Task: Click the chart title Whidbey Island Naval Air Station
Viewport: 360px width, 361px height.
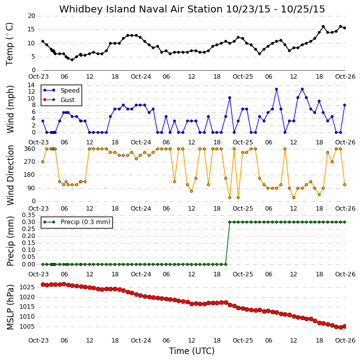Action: (141, 9)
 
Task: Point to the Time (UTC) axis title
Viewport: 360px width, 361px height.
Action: (192, 351)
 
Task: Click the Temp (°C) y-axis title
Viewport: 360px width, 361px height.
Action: (9, 44)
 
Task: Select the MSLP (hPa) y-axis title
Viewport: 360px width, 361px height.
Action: (10, 307)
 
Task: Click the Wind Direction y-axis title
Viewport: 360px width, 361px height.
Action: (10, 175)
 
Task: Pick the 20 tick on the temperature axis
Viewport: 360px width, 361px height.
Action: (31, 16)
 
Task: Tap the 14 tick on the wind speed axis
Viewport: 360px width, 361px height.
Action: (31, 85)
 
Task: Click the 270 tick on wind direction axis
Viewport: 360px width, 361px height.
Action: (30, 162)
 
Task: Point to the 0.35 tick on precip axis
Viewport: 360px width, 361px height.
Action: (28, 215)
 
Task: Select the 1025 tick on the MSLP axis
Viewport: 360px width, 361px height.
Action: (27, 287)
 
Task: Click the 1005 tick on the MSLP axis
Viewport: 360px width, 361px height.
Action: (27, 327)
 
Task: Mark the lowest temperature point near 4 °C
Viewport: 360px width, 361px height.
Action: (72, 60)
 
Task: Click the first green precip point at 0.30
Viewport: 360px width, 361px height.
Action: (230, 222)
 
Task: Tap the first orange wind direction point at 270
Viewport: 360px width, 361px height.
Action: (43, 162)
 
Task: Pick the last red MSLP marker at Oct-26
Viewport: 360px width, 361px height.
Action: (345, 327)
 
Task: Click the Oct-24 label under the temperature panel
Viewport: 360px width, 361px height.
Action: (141, 77)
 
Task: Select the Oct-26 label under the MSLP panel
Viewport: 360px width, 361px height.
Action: (345, 341)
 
